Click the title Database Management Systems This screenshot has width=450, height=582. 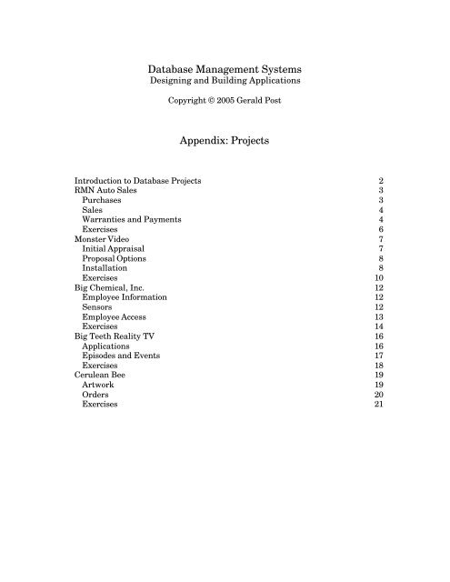[x=225, y=68]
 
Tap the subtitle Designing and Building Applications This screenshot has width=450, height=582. [x=225, y=82]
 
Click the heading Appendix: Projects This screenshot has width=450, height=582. [x=225, y=142]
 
